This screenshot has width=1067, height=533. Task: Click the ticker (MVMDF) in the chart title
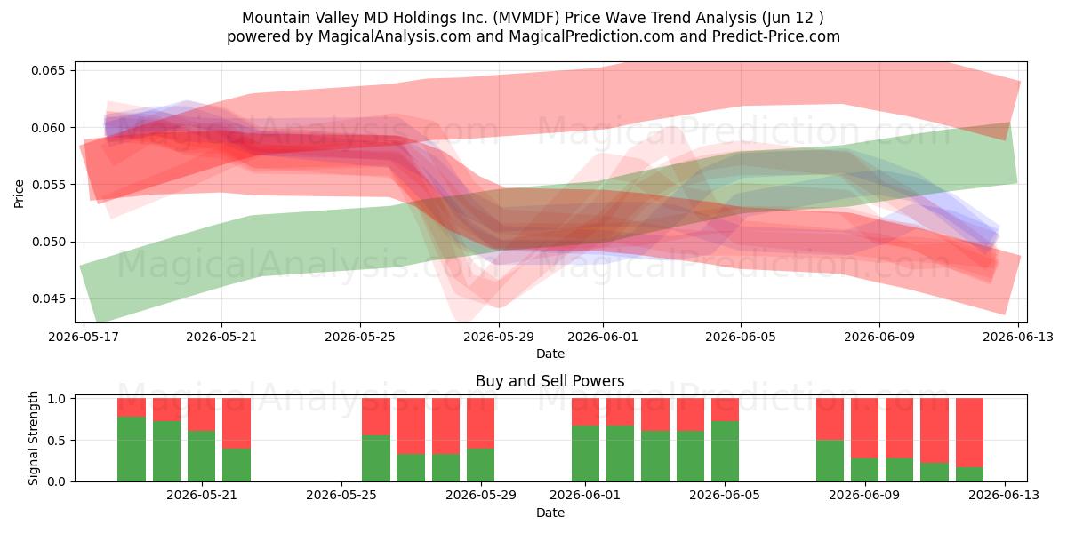[526, 18]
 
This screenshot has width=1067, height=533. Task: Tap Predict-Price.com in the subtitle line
[776, 36]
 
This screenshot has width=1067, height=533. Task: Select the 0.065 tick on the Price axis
[48, 70]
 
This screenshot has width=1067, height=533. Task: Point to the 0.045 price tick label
[48, 298]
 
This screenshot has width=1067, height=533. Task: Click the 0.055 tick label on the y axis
[48, 185]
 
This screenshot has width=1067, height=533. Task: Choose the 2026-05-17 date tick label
[84, 337]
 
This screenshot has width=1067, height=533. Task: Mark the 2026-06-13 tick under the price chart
[1018, 337]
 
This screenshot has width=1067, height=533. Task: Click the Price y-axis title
[19, 194]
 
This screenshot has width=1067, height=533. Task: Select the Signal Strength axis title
[33, 438]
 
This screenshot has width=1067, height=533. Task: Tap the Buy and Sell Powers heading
[550, 381]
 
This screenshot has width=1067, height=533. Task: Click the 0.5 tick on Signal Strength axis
[56, 441]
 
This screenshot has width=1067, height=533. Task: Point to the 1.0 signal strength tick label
[56, 399]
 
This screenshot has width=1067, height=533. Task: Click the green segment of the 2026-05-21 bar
[202, 457]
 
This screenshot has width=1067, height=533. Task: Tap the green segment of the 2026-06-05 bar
[725, 451]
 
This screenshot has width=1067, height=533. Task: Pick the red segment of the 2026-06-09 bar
[864, 428]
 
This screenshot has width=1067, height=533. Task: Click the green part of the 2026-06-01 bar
[585, 454]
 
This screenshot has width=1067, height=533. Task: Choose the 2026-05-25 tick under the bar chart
[341, 496]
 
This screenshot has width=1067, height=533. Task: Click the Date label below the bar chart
[550, 513]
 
